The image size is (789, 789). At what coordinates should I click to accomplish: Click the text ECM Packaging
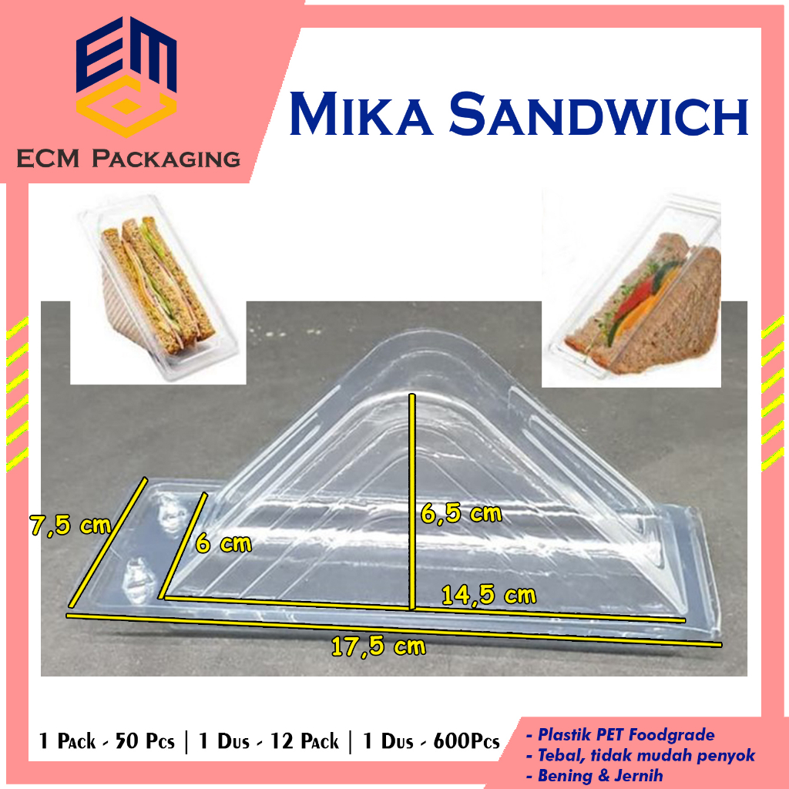(129, 159)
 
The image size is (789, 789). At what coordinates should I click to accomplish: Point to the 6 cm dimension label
(223, 543)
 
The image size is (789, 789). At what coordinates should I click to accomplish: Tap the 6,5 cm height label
(462, 513)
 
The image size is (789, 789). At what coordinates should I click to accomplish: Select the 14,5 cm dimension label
(489, 595)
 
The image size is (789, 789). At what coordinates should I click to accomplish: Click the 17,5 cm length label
(378, 646)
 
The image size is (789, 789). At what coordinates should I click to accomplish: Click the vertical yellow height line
(413, 501)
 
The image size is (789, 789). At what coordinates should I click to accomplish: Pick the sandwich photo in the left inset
(158, 296)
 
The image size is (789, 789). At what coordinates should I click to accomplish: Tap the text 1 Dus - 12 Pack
(268, 742)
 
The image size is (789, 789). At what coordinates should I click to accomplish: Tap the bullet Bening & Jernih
(598, 776)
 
